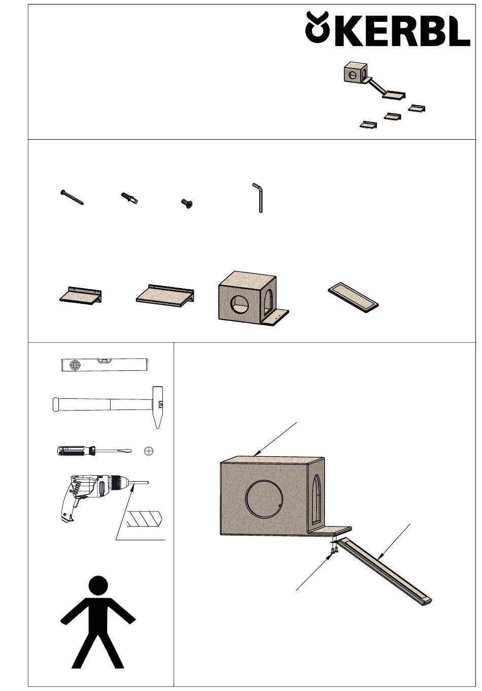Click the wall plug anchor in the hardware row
pos(128,198)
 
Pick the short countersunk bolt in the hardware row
pos(187,203)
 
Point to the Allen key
pos(259,198)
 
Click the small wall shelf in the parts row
pos(80,296)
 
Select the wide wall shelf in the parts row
pos(165,294)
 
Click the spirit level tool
pos(105,364)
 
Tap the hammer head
pos(157,407)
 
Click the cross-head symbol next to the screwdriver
pos(149,451)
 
